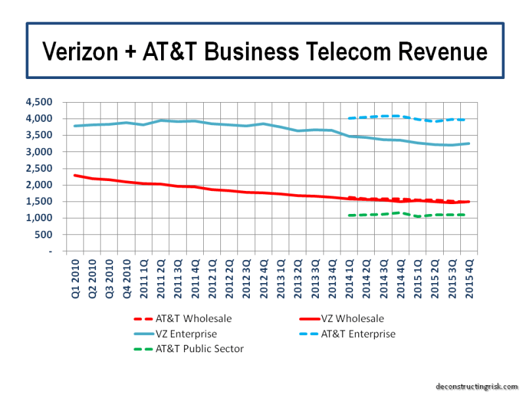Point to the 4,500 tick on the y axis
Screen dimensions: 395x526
coord(41,102)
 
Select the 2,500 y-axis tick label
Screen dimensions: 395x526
coord(41,169)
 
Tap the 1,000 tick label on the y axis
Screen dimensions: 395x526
coord(41,218)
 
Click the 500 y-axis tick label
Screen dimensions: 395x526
coord(46,234)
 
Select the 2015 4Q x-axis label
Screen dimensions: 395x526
coord(469,276)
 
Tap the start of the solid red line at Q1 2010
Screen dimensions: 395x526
coord(76,175)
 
